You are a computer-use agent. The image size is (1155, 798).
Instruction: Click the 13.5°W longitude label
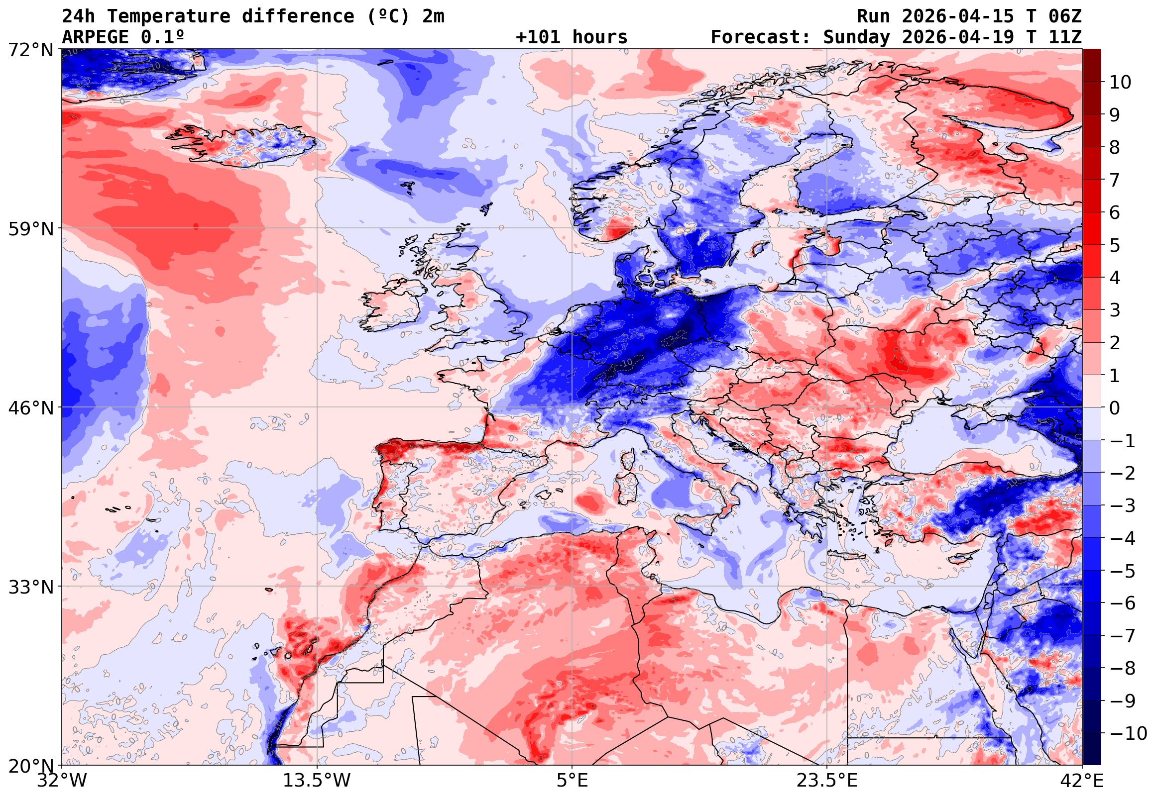[317, 781]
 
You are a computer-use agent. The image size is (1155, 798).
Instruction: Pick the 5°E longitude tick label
[572, 781]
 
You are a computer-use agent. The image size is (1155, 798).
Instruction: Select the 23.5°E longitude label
[827, 781]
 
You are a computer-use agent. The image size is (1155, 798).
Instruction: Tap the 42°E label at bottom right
[1081, 781]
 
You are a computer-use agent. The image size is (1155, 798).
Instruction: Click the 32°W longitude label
[62, 781]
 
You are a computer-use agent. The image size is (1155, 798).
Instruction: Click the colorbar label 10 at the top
[1120, 83]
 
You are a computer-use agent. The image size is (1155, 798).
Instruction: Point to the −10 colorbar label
[1128, 733]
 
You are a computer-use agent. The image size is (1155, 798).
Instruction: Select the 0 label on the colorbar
[1115, 408]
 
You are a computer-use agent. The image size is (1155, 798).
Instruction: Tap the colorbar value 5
[1115, 245]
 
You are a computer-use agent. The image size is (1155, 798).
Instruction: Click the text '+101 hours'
[571, 37]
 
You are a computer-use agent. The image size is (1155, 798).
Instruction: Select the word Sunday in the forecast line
[856, 37]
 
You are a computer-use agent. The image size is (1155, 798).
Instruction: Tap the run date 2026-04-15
[957, 16]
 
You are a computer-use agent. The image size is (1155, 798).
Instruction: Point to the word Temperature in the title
[168, 16]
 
